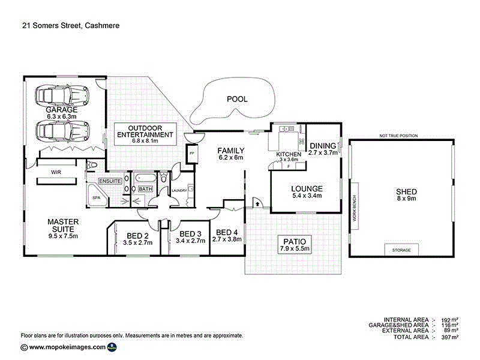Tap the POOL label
pyautogui.click(x=236, y=99)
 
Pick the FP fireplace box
pyautogui.click(x=193, y=152)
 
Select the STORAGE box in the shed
pyautogui.click(x=401, y=250)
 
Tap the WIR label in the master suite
pyautogui.click(x=56, y=172)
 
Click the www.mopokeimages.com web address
pyautogui.click(x=67, y=347)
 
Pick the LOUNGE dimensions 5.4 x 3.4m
pyautogui.click(x=307, y=196)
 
